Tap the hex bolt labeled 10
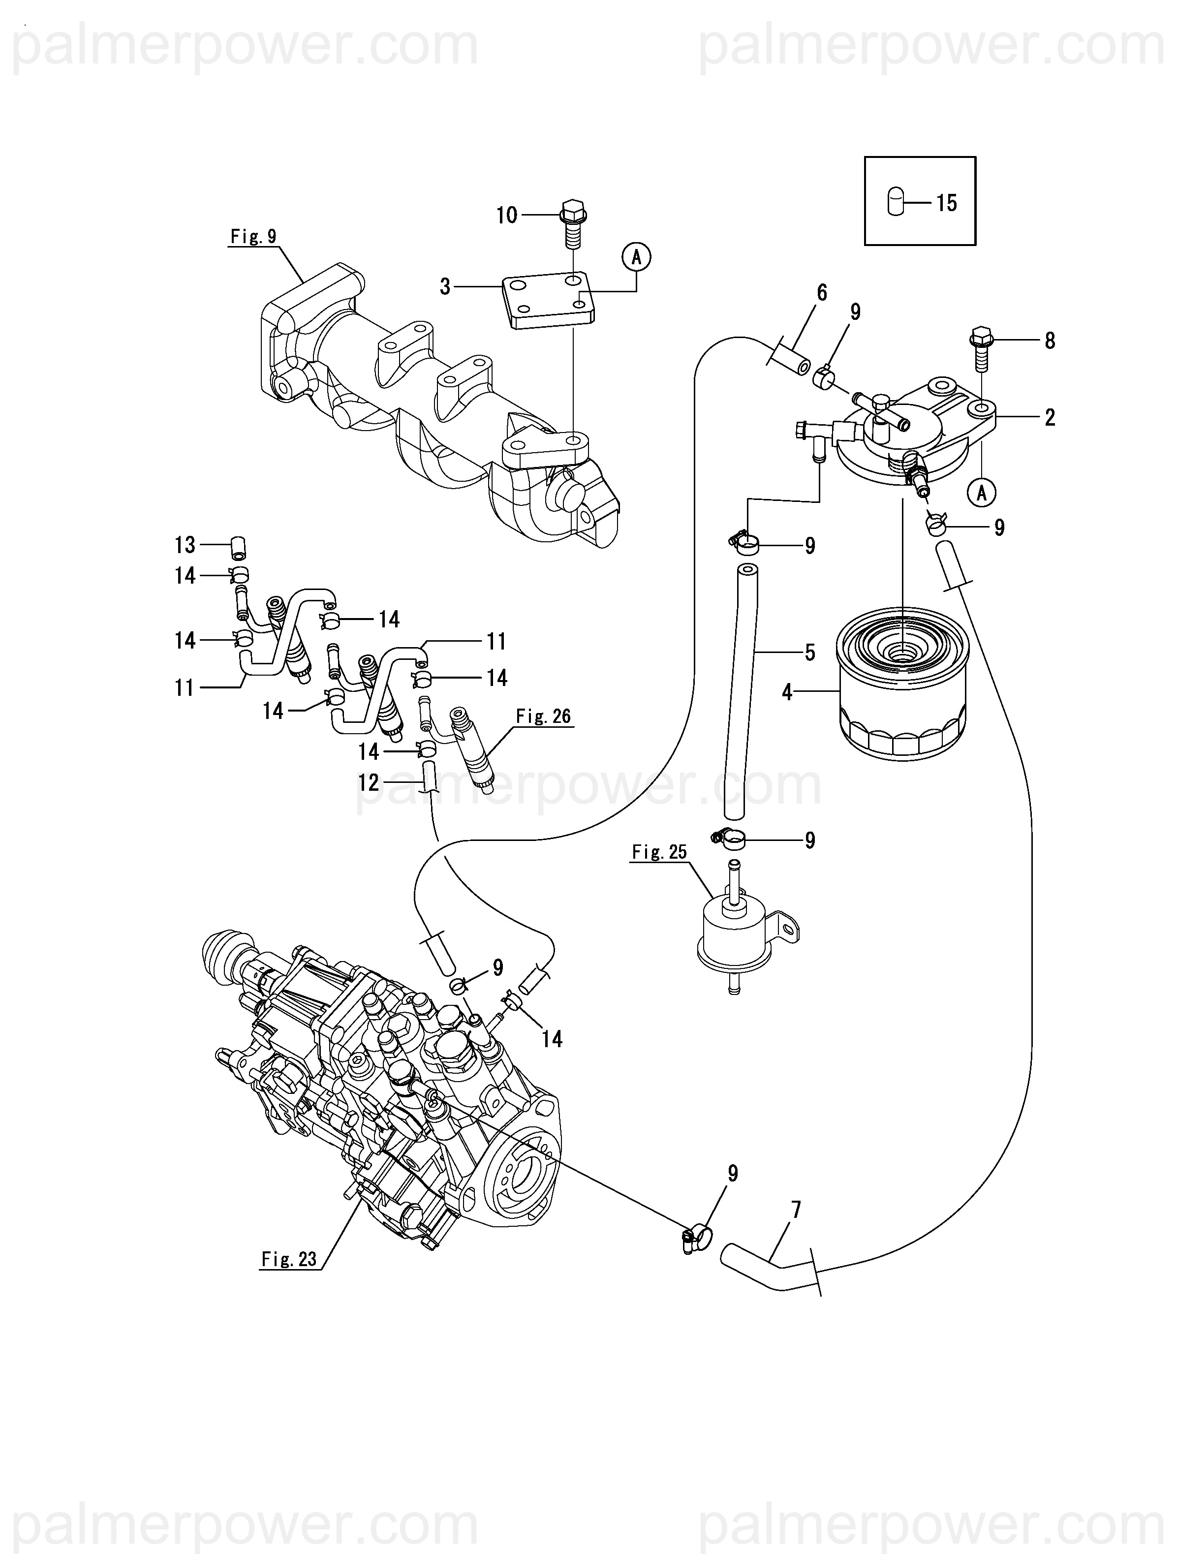tap(573, 223)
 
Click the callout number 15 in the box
tap(947, 203)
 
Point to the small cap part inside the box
tap(895, 202)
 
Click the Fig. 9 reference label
tap(254, 237)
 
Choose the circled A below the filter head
tap(982, 493)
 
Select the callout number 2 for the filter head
tap(1050, 417)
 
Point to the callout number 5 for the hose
tap(809, 653)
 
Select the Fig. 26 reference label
tap(543, 716)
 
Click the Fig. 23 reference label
tap(289, 1259)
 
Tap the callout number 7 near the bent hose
tap(796, 1210)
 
